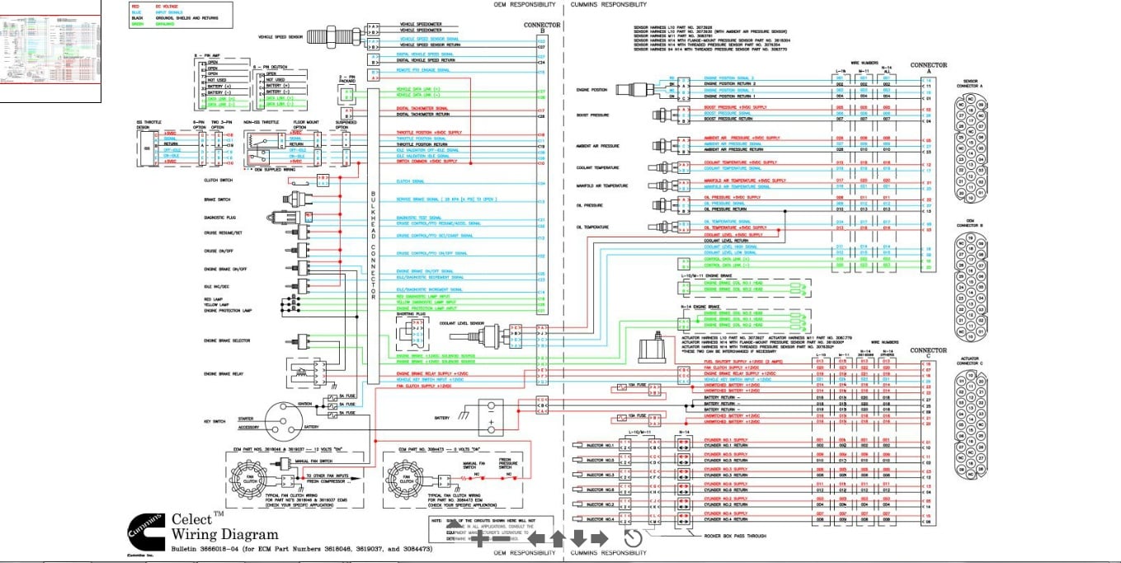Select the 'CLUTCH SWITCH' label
pos(218,180)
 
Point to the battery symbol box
pos(491,417)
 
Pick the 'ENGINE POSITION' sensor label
pos(592,89)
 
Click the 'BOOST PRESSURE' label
pos(592,115)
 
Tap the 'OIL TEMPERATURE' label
pos(592,228)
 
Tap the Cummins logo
pos(145,534)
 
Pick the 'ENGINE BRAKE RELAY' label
pos(224,374)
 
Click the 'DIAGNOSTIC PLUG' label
pos(220,218)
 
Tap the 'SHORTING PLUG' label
pos(411,314)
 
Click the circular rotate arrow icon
pos(632,538)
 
